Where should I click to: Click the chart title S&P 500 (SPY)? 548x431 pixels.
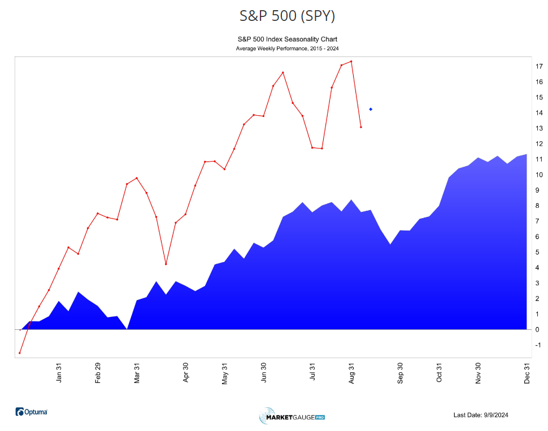287,16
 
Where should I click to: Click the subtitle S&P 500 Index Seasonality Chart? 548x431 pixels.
287,40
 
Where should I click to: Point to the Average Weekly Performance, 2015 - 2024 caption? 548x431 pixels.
287,49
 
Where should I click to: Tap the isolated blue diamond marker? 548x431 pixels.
371,109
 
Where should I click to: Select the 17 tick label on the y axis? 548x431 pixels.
539,67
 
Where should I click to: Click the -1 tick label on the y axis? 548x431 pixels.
538,345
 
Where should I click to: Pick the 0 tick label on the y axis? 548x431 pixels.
537,330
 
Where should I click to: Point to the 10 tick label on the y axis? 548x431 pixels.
539,175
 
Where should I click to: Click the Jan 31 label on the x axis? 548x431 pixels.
59,373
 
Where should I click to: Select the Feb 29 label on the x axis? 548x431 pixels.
98,373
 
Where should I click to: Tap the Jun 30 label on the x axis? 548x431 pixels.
264,373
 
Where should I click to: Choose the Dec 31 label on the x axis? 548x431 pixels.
527,373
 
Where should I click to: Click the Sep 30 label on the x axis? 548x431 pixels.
400,373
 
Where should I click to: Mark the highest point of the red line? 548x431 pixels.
351,62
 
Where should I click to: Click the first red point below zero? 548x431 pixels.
20,353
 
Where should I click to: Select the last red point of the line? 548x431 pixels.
360,127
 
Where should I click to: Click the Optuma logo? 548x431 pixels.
32,412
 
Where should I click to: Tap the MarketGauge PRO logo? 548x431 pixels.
292,417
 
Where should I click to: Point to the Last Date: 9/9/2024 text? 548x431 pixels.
481,415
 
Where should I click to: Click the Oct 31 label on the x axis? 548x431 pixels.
439,373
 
